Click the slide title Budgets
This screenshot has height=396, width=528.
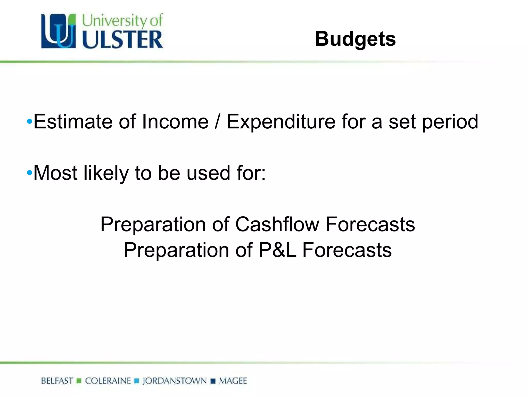tap(355, 39)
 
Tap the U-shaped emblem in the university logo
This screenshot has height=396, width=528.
tap(59, 31)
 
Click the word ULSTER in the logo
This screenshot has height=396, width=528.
tap(122, 40)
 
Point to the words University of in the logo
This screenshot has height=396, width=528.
tap(122, 20)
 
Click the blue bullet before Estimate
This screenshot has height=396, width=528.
tap(29, 121)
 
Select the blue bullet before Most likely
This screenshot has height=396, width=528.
tap(29, 173)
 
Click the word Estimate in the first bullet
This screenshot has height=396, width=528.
tap(73, 121)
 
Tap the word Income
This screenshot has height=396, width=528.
tap(175, 121)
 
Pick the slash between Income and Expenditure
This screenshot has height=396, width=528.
tap(217, 122)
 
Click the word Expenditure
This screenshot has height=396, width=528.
tap(281, 122)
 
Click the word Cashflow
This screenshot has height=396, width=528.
tap(277, 224)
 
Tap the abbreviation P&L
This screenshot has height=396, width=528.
tap(277, 250)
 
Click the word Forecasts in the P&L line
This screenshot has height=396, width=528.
tap(347, 250)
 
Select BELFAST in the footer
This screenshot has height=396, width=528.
tap(57, 381)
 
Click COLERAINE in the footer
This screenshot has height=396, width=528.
tap(108, 381)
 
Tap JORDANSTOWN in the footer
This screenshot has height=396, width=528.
tap(175, 381)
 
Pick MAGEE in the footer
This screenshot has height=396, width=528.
tap(233, 381)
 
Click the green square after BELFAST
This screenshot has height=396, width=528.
tap(79, 381)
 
